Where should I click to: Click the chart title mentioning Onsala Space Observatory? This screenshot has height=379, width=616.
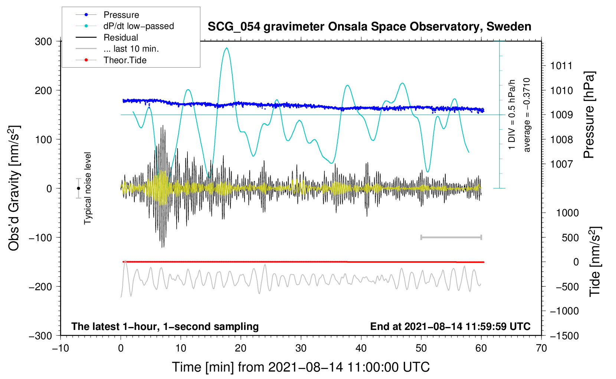[x=369, y=27]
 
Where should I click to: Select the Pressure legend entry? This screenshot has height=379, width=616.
[x=121, y=15]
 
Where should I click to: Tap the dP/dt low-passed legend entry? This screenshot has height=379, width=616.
[x=138, y=26]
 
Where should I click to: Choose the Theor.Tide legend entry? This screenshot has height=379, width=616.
[x=125, y=60]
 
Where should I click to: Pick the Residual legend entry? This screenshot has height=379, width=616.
[x=121, y=38]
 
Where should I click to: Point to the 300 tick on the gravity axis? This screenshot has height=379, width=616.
[x=43, y=41]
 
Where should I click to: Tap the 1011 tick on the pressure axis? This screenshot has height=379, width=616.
[x=561, y=66]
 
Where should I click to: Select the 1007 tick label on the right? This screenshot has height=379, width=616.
[x=561, y=164]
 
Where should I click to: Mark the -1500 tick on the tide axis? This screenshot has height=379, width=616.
[x=564, y=336]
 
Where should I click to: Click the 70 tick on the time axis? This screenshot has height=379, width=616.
[x=541, y=348]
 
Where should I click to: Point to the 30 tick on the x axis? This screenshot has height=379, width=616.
[x=301, y=348]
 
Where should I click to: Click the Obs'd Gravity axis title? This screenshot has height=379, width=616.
[x=14, y=188]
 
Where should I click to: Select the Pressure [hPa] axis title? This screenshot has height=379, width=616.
[x=589, y=115]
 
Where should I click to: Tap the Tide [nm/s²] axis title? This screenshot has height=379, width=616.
[x=595, y=262]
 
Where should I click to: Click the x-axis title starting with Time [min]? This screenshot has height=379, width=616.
[x=301, y=367]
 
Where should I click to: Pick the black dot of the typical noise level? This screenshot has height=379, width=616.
[x=78, y=188]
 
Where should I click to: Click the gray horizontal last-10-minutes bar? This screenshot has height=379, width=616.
[x=451, y=237]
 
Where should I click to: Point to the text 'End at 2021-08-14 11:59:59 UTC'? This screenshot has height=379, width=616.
[x=450, y=326]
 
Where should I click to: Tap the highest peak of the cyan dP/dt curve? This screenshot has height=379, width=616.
[x=226, y=48]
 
